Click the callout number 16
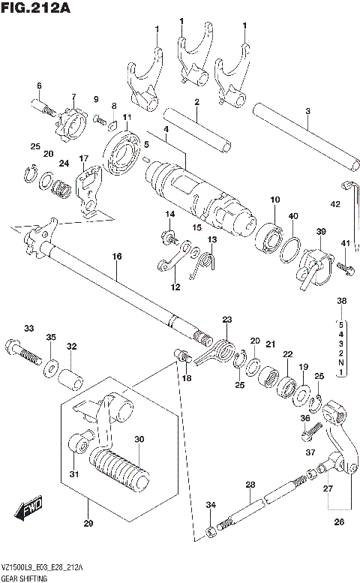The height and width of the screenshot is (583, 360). pyautogui.click(x=116, y=257)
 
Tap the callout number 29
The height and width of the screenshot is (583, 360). pyautogui.click(x=88, y=522)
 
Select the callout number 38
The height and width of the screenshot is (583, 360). pyautogui.click(x=342, y=301)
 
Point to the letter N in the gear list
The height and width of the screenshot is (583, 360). pyautogui.click(x=341, y=362)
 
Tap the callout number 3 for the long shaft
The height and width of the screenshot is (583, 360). pyautogui.click(x=307, y=112)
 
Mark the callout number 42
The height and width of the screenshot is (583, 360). pyautogui.click(x=335, y=203)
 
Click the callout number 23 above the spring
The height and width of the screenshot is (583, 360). pyautogui.click(x=227, y=320)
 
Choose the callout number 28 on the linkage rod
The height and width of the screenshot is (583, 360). pyautogui.click(x=250, y=485)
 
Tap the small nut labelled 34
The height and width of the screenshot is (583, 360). pyautogui.click(x=212, y=531)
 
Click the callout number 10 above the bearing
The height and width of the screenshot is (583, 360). pyautogui.click(x=275, y=199)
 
